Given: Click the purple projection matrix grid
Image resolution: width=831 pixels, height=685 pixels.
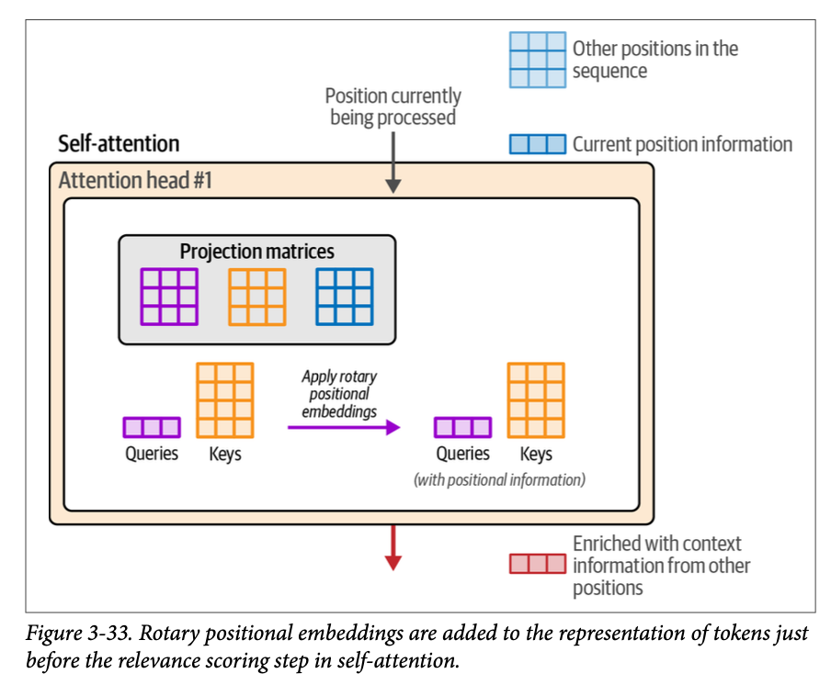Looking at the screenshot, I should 169,297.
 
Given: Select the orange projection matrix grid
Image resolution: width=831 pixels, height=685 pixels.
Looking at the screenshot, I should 256,297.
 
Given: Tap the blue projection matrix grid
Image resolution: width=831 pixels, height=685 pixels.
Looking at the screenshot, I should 344,297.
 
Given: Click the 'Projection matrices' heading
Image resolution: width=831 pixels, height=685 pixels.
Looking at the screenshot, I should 256,252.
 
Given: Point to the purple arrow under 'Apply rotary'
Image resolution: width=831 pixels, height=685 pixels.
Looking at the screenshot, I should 343,427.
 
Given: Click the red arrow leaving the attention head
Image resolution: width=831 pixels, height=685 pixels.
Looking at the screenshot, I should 393,547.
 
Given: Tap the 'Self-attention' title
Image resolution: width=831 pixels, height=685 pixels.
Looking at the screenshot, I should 119,143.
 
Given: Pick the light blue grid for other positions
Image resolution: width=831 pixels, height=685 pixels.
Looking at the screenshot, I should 538,60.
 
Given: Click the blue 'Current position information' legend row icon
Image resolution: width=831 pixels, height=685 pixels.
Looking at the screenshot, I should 538,144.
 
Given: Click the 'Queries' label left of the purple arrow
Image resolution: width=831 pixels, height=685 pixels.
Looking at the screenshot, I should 152,454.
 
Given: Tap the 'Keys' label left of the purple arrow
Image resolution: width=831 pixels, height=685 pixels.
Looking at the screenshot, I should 225,454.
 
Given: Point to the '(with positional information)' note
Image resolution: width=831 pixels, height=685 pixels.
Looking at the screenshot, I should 499,478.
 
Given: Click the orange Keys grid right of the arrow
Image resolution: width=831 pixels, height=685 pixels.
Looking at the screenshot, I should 536,400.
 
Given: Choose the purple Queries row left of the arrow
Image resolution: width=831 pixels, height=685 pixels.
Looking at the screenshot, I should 152,427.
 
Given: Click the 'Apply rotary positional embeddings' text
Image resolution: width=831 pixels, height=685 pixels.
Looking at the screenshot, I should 339,394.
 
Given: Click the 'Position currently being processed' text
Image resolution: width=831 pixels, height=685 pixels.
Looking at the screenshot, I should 393,107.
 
